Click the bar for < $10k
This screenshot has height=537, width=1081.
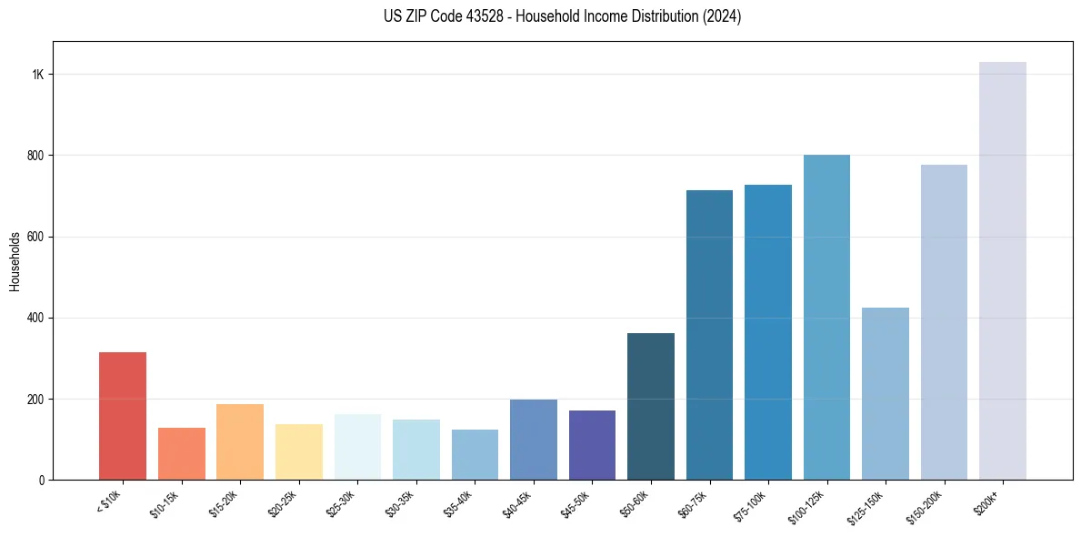[x=123, y=416]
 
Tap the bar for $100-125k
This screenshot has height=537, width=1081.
[x=826, y=318]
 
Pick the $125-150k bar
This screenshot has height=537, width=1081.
[x=886, y=394]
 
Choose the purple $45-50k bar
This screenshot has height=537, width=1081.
[x=592, y=445]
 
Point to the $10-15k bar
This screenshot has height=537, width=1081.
[x=181, y=454]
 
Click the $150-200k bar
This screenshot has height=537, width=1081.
[x=944, y=322]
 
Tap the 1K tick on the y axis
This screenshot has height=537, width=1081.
[x=38, y=75]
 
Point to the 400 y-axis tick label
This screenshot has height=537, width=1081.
[x=36, y=319]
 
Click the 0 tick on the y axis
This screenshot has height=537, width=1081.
[x=42, y=481]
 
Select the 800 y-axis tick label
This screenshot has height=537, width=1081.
[x=36, y=156]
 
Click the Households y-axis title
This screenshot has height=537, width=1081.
[x=15, y=261]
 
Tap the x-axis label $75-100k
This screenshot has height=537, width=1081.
[x=751, y=503]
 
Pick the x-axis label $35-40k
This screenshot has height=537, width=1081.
[x=458, y=503]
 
